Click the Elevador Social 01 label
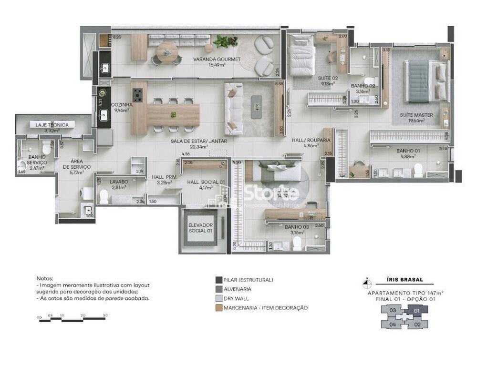(x=200, y=228)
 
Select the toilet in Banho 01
(x=418, y=169)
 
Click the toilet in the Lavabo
(x=104, y=196)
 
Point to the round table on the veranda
(x=167, y=49)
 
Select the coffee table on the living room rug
(x=257, y=104)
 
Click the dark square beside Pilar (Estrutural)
(x=219, y=280)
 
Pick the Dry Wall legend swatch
(x=219, y=298)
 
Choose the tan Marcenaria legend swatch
(x=219, y=308)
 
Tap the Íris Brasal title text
(x=404, y=280)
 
